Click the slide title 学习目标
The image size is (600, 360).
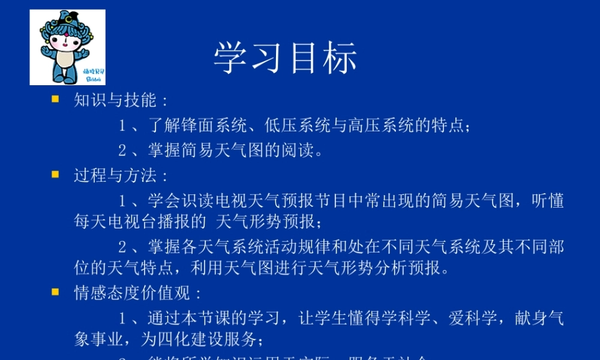[286, 58]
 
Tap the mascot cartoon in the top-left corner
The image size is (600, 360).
[67, 47]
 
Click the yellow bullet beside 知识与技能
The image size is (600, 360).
[55, 99]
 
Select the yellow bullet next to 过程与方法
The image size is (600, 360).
[55, 175]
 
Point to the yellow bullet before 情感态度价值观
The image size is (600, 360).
[55, 292]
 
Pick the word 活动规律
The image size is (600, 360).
[290, 247]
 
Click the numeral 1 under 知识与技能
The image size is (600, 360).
[122, 126]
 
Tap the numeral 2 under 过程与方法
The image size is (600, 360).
[122, 247]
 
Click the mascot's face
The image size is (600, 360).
[67, 42]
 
